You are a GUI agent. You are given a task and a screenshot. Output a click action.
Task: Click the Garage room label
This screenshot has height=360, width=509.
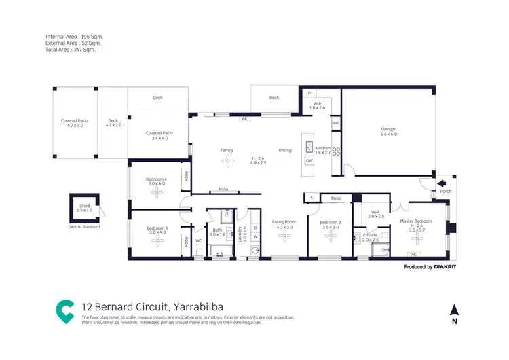(x=388, y=129)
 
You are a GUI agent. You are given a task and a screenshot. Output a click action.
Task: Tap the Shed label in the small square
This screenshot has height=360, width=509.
(x=84, y=205)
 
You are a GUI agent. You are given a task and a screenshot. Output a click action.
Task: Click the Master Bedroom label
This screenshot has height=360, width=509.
(x=416, y=221)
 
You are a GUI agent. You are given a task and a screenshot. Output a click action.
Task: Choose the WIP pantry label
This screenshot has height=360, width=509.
(x=317, y=104)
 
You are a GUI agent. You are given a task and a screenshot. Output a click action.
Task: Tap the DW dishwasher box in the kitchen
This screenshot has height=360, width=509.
(x=309, y=160)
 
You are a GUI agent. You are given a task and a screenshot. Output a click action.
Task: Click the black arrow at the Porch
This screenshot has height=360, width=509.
(x=441, y=183)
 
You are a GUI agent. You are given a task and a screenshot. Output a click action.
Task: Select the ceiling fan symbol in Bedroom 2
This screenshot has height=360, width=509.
(x=331, y=235)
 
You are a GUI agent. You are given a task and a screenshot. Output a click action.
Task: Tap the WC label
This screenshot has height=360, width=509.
(x=199, y=240)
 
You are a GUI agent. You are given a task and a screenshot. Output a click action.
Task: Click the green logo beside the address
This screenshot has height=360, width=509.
(x=65, y=310)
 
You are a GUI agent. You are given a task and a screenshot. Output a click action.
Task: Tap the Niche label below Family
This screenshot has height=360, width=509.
(x=223, y=190)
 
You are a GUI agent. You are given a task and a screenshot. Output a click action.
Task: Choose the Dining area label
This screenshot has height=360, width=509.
(x=285, y=150)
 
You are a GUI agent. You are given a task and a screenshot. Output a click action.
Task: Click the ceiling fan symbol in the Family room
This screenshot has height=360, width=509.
(x=227, y=160)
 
